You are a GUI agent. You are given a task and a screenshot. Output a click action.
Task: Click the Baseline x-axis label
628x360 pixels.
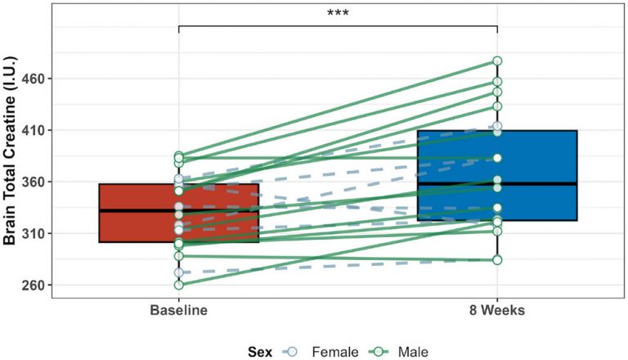178,311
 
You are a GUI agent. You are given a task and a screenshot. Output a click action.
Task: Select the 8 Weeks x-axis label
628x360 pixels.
497,311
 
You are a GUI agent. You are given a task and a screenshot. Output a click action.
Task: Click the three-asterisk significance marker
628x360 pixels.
338,14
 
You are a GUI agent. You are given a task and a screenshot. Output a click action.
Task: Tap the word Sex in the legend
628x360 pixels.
262,351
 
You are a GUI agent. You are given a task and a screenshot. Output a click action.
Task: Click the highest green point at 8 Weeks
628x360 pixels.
497,61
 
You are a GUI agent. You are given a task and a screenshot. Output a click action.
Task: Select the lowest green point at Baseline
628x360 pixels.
178,285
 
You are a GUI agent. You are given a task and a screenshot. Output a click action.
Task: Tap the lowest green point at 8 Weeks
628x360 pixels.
497,260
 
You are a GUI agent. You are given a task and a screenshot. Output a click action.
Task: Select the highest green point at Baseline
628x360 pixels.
178,155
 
